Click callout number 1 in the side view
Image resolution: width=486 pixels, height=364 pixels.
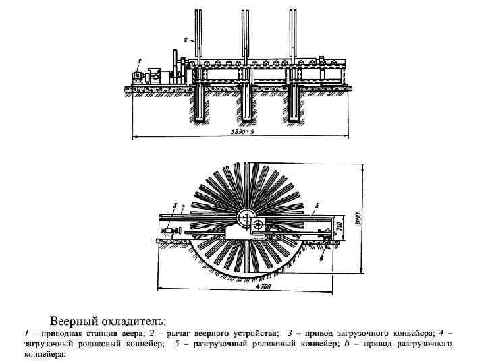pyautogui.click(x=137, y=62)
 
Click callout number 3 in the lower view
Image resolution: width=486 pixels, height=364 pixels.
pyautogui.click(x=174, y=205)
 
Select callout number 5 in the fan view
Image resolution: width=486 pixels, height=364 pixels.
pyautogui.click(x=315, y=204)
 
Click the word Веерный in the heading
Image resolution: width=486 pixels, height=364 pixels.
pyautogui.click(x=76, y=319)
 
